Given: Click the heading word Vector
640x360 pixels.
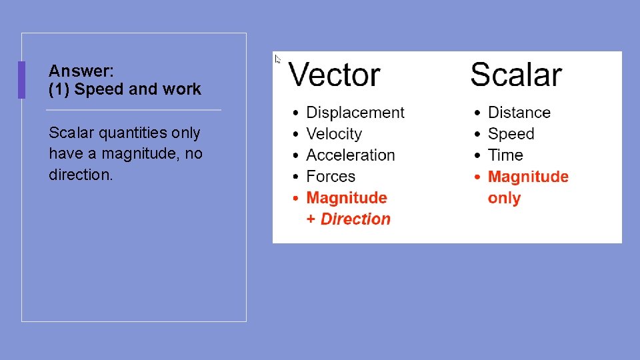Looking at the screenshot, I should click(334, 75).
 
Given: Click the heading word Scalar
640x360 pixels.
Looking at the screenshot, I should click(516, 75).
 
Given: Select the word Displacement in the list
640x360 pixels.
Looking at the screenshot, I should click(355, 113).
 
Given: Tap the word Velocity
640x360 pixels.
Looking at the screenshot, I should click(334, 134).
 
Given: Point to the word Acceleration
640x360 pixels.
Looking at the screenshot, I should click(351, 155).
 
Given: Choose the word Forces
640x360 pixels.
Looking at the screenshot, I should click(331, 177).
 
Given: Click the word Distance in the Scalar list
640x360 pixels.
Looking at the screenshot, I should click(519, 113).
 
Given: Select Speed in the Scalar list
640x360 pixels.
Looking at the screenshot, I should click(511, 134).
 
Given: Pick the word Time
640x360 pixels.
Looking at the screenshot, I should click(505, 155).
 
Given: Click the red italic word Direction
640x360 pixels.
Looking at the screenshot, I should click(355, 219).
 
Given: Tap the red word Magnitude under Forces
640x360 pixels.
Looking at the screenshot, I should click(347, 198).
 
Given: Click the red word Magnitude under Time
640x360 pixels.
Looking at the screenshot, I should click(529, 177).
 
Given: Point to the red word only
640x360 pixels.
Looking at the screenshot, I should click(504, 198).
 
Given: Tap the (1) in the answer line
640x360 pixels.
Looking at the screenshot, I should click(59, 89).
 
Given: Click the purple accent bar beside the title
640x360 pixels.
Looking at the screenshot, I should click(21, 80).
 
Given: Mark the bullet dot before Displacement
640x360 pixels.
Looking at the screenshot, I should click(297, 113).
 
